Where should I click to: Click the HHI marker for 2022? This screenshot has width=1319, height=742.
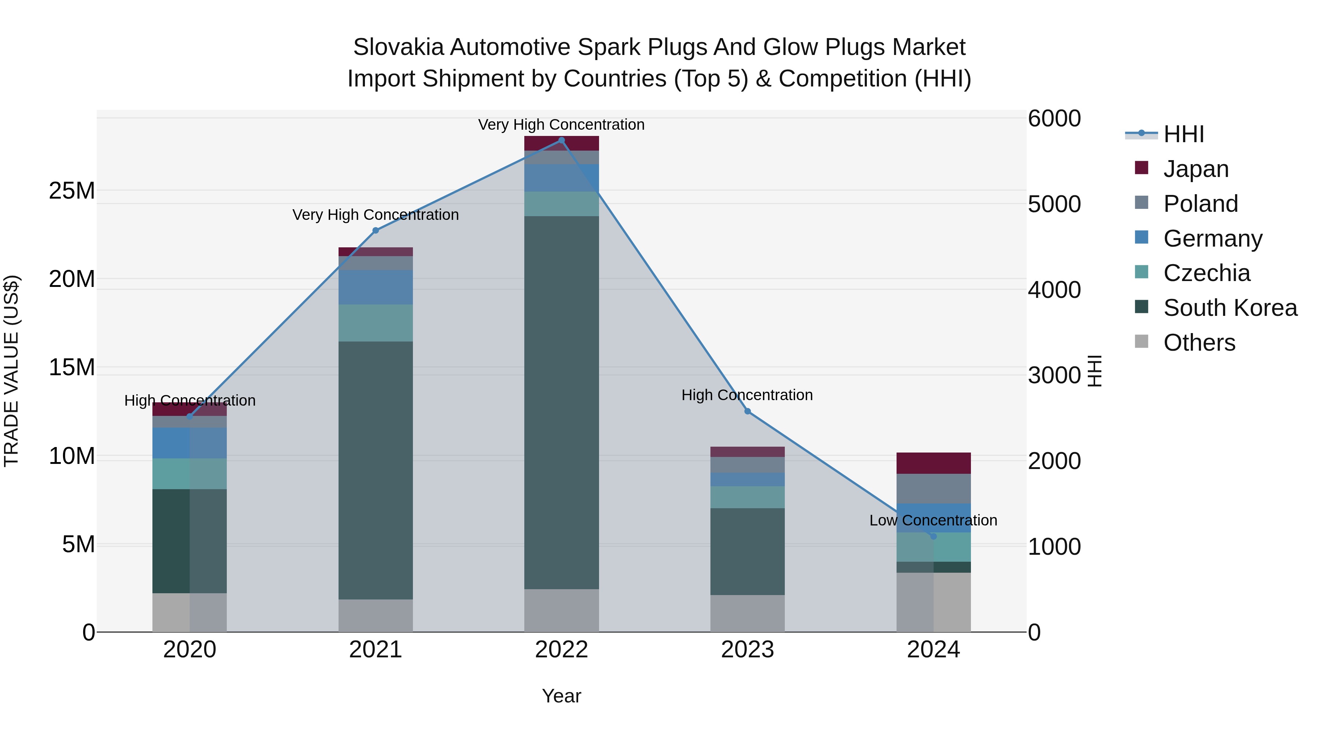pos(561,140)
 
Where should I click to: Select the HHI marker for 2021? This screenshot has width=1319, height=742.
pos(375,230)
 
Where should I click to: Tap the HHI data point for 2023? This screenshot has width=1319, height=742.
pos(747,411)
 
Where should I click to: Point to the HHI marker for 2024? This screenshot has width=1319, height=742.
pos(933,536)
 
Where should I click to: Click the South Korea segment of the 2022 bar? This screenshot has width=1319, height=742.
pos(561,402)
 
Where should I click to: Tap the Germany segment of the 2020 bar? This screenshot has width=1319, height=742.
pos(189,443)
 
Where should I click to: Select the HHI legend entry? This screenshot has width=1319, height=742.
pos(1183,134)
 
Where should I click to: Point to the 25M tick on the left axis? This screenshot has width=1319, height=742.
pos(72,191)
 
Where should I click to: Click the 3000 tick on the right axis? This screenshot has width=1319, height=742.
pos(1053,375)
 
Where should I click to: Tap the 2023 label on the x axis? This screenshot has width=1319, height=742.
pos(747,650)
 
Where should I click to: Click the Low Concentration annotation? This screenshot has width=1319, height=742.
pos(933,520)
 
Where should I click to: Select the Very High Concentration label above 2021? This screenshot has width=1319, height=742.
pos(375,215)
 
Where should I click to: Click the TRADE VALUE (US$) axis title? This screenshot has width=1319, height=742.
pos(11,371)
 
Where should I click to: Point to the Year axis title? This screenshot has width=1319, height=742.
pos(561,696)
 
